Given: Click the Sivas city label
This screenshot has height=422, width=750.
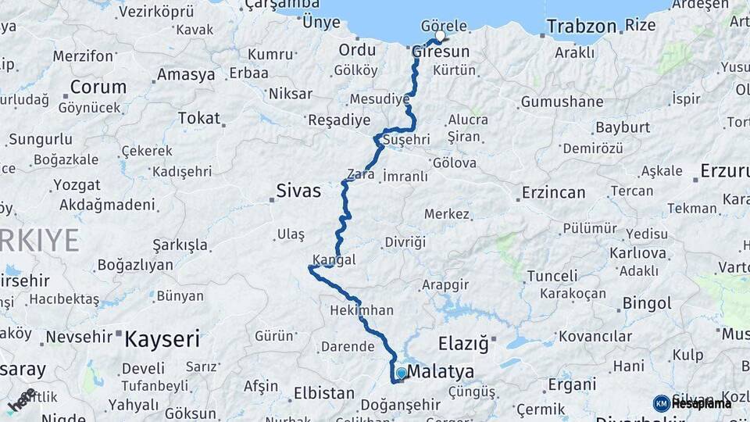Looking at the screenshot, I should pyautogui.click(x=298, y=190).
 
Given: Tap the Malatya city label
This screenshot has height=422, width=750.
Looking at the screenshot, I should pyautogui.click(x=441, y=371).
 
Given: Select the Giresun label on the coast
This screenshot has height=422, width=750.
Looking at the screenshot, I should pyautogui.click(x=441, y=52).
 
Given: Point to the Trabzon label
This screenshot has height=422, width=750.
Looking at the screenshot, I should pyautogui.click(x=581, y=26).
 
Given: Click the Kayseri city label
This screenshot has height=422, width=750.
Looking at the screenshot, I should pyautogui.click(x=162, y=339).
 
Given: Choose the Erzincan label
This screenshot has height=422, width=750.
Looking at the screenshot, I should pyautogui.click(x=553, y=192).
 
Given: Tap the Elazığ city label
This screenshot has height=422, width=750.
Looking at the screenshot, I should pyautogui.click(x=463, y=343).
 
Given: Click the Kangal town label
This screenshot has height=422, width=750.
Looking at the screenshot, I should pyautogui.click(x=334, y=259).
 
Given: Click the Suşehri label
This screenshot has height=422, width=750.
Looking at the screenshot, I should pyautogui.click(x=405, y=140).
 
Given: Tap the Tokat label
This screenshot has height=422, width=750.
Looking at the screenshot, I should pyautogui.click(x=198, y=118).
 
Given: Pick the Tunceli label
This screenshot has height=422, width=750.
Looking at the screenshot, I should pyautogui.click(x=552, y=276).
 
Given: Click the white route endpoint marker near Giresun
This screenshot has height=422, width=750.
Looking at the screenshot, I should pyautogui.click(x=440, y=36).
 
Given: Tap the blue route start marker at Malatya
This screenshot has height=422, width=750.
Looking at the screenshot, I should pyautogui.click(x=401, y=374).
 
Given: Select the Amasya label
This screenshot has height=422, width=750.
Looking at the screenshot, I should pyautogui.click(x=185, y=75).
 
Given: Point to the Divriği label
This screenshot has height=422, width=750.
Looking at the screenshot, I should pyautogui.click(x=405, y=242).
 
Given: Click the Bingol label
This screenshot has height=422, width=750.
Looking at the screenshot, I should pyautogui.click(x=646, y=302).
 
